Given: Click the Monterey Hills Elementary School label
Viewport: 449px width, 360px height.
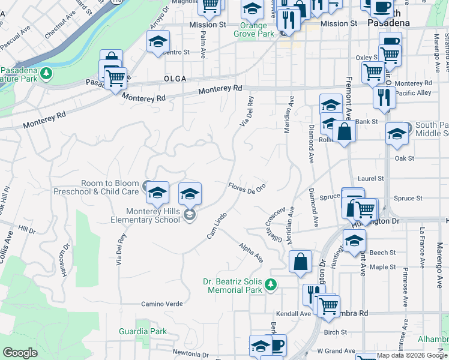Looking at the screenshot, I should pyautogui.click(x=153, y=215).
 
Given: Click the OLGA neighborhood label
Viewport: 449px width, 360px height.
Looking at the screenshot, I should pyautogui.click(x=174, y=79).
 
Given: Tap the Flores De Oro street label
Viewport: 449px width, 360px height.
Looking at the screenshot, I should pyautogui.click(x=247, y=188).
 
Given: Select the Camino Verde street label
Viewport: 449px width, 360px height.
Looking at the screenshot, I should pyautogui.click(x=161, y=304).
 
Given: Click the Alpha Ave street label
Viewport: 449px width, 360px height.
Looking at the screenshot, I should pyautogui.click(x=251, y=253).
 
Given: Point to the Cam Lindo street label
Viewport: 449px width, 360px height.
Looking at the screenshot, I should pyautogui.click(x=217, y=226).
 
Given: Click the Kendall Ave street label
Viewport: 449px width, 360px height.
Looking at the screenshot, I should pyautogui.click(x=294, y=314).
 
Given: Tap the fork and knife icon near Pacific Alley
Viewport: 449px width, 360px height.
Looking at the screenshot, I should pyautogui.click(x=384, y=97).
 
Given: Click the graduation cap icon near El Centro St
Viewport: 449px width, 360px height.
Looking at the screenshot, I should pyautogui.click(x=158, y=41).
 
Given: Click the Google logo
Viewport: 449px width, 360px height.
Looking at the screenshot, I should pyautogui.click(x=20, y=353).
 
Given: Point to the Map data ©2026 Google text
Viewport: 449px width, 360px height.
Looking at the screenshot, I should pyautogui.click(x=411, y=356).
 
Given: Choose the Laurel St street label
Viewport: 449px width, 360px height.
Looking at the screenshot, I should pyautogui.click(x=371, y=179).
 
